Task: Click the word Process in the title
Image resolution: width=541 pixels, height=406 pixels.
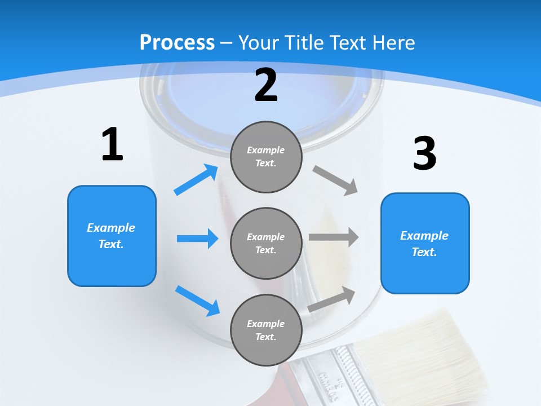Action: [x=177, y=43]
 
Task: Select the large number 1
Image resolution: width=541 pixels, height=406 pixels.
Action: [x=112, y=145]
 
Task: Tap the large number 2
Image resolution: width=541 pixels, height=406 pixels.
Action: [x=266, y=85]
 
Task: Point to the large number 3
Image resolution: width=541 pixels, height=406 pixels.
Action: [x=424, y=154]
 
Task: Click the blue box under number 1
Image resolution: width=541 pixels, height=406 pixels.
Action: [x=112, y=236]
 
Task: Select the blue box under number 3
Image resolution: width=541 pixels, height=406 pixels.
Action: [x=425, y=243]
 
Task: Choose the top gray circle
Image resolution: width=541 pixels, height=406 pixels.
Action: [x=266, y=157]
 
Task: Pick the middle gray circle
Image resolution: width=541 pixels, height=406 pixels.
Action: [x=266, y=243]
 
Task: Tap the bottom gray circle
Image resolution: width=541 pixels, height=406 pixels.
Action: [x=266, y=330]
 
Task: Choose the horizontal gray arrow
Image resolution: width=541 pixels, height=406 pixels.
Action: [x=333, y=237]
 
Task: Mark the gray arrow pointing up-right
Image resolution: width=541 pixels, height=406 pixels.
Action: [x=331, y=299]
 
